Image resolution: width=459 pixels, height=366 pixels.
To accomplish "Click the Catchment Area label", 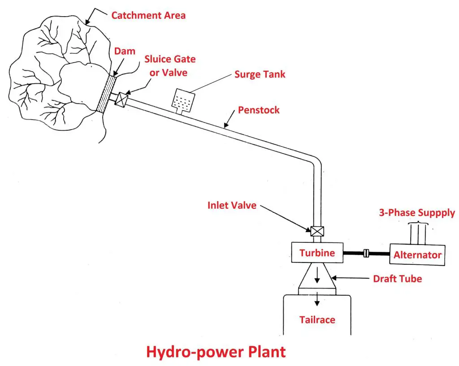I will click(x=148, y=15).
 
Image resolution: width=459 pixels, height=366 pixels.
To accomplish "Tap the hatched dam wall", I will click(x=107, y=94).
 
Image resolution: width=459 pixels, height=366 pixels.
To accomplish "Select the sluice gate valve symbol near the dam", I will click(x=121, y=99).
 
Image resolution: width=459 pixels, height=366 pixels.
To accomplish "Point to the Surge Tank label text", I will click(x=260, y=74).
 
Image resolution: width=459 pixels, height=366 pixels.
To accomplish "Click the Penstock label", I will click(x=259, y=110).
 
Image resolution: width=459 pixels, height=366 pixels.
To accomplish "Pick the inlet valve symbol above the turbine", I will click(x=317, y=231).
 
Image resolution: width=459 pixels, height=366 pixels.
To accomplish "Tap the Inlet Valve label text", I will click(x=232, y=206).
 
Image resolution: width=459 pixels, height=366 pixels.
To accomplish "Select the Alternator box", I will click(x=417, y=255).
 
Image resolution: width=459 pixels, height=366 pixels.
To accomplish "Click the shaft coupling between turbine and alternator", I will click(x=366, y=254).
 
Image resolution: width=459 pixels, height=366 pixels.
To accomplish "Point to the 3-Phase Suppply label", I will click(x=417, y=213).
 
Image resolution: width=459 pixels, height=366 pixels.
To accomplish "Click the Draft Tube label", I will click(x=398, y=279).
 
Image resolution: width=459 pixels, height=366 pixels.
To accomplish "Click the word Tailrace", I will click(x=317, y=320).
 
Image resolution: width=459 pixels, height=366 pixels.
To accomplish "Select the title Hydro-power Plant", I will click(x=216, y=352).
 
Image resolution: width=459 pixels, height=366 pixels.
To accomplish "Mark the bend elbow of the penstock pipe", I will click(x=315, y=161).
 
